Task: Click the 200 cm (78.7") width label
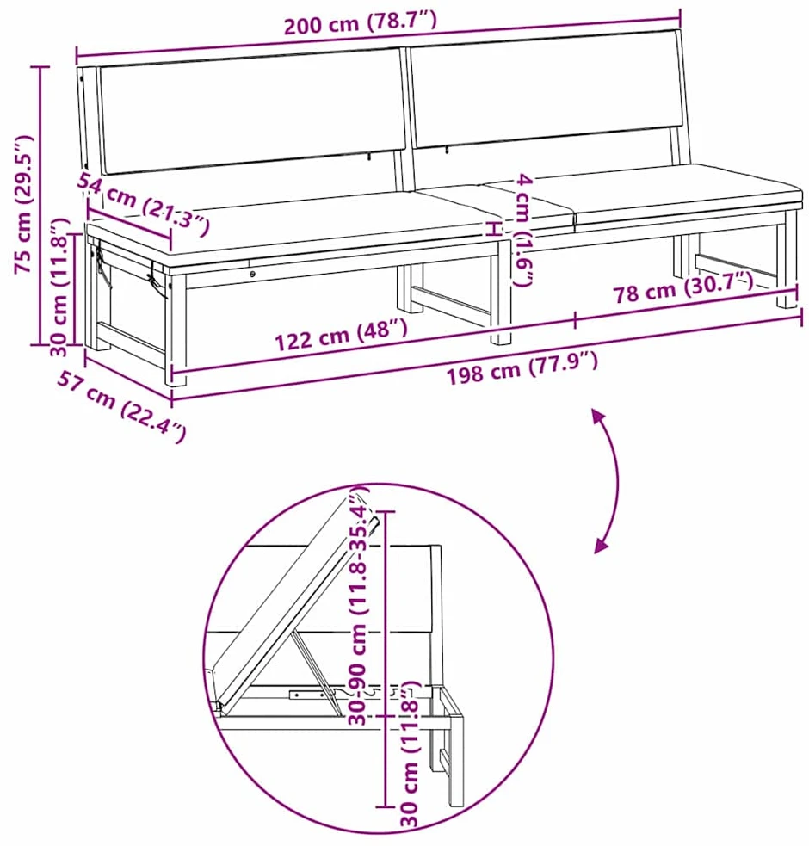point(360,22)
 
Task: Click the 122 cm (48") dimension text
point(341,335)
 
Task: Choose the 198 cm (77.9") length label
point(522,368)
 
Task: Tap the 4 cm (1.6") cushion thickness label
point(523,229)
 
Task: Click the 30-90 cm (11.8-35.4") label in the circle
point(358,605)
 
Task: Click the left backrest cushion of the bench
point(252,111)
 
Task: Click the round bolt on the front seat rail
point(252,274)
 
